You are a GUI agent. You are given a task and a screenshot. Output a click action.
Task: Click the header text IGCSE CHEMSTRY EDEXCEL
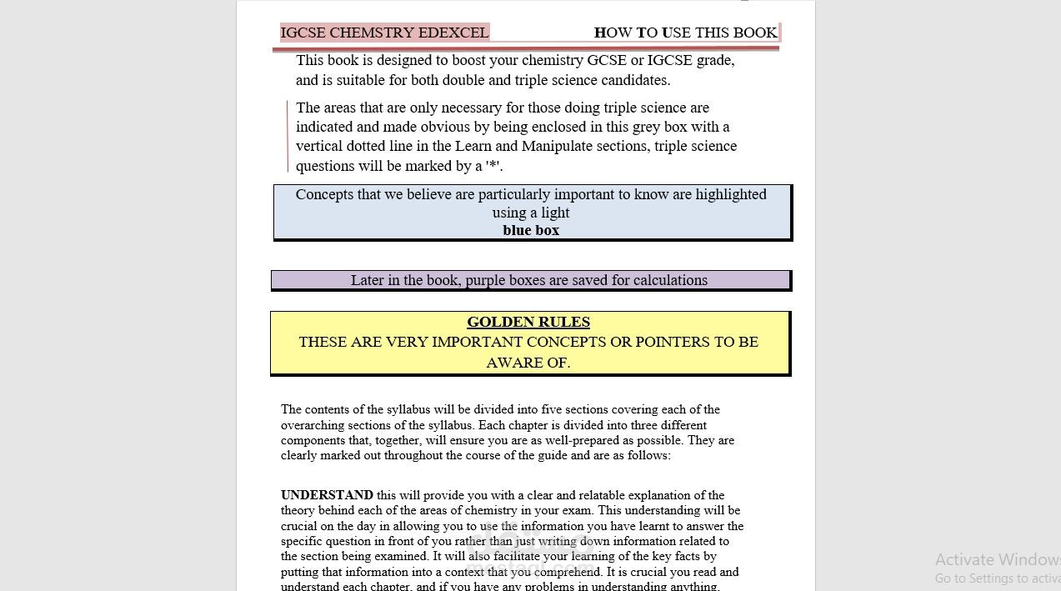(384, 33)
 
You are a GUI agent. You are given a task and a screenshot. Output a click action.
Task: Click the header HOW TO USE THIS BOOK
(685, 33)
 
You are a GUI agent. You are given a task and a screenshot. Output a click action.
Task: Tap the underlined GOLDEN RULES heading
(528, 322)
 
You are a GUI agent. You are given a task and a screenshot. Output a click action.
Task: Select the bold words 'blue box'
(531, 231)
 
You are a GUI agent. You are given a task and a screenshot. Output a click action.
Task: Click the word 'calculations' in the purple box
(670, 280)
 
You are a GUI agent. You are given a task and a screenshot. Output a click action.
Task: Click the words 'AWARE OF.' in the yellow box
(528, 363)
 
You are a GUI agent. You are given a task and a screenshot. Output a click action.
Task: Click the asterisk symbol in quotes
(493, 165)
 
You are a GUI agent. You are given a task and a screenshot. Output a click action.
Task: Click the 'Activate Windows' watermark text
(997, 559)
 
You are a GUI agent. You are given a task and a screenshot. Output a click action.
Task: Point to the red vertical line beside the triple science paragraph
(288, 137)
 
